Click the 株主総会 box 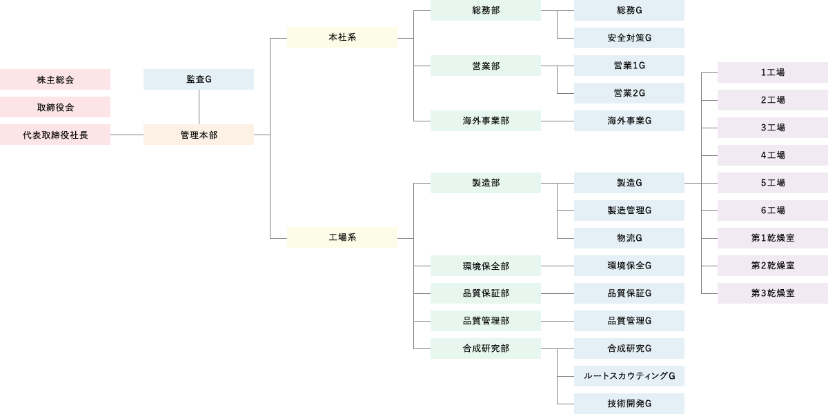click(55, 79)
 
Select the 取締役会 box click(55, 107)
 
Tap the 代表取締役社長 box click(55, 135)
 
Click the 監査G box click(199, 79)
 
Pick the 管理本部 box click(199, 135)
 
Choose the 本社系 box click(342, 37)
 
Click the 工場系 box click(342, 237)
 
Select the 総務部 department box click(486, 10)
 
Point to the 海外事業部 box click(486, 121)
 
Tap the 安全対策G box click(629, 38)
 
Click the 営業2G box click(629, 93)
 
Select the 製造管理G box click(629, 210)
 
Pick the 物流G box click(629, 238)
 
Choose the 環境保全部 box click(486, 266)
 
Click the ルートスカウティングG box click(629, 376)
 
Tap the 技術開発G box click(629, 404)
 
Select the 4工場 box click(773, 155)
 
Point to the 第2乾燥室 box click(773, 266)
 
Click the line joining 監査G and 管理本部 click(199, 107)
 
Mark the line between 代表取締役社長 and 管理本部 click(127, 135)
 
